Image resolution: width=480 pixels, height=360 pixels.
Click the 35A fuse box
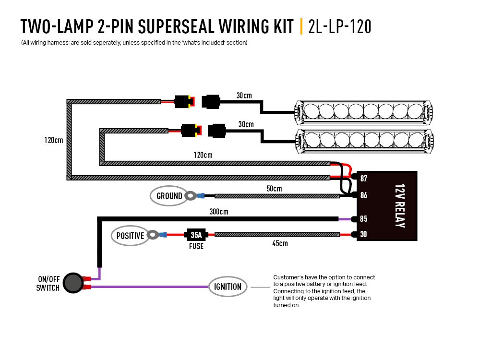click(x=196, y=235)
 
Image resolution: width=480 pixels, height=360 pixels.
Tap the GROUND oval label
click(x=169, y=196)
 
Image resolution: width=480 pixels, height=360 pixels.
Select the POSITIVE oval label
click(x=130, y=236)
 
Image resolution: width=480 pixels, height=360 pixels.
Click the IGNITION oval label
click(x=228, y=287)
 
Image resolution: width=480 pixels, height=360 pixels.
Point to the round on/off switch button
click(x=72, y=283)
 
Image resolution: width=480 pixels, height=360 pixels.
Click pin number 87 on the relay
click(x=363, y=179)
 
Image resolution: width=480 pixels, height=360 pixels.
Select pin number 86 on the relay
click(x=363, y=195)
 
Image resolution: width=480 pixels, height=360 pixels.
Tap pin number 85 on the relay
click(x=363, y=219)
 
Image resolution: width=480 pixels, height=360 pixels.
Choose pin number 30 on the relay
click(x=363, y=235)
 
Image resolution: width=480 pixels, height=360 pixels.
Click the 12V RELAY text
click(x=399, y=205)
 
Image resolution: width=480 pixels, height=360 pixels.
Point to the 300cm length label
click(x=219, y=212)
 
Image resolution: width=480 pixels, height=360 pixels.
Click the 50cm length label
click(x=274, y=189)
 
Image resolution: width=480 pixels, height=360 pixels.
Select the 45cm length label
click(x=280, y=243)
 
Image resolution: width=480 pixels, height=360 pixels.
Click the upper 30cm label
click(x=244, y=96)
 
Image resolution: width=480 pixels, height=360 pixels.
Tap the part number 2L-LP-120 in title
click(x=340, y=27)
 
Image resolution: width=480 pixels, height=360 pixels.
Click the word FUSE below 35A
click(x=196, y=246)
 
